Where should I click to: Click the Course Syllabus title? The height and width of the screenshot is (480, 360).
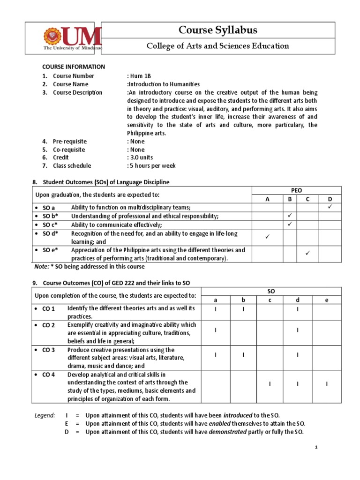pos(218,30)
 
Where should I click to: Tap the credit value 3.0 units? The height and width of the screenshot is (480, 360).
pos(140,157)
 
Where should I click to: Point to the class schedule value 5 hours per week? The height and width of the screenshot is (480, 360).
pos(151,165)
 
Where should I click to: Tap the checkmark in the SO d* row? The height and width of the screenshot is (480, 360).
pos(268,237)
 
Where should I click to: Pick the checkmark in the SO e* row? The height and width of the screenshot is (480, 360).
pos(308,254)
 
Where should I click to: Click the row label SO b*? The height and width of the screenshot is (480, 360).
pos(49,216)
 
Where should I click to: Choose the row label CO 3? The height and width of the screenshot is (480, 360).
pos(49,350)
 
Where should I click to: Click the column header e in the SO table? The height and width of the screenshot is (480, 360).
pos(327,300)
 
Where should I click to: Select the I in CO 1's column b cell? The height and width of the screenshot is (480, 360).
pos(243,309)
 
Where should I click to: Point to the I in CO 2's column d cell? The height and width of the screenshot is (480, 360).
pos(298,330)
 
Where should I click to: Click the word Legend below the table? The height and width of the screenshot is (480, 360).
pos(45,415)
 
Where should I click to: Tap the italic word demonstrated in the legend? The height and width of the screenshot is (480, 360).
pos(227,432)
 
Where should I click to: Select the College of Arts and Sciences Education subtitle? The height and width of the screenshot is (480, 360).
pos(218,46)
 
